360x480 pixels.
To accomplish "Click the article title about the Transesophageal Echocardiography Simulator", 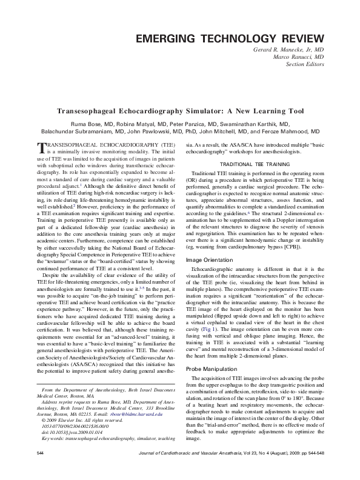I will coord(180,112).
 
